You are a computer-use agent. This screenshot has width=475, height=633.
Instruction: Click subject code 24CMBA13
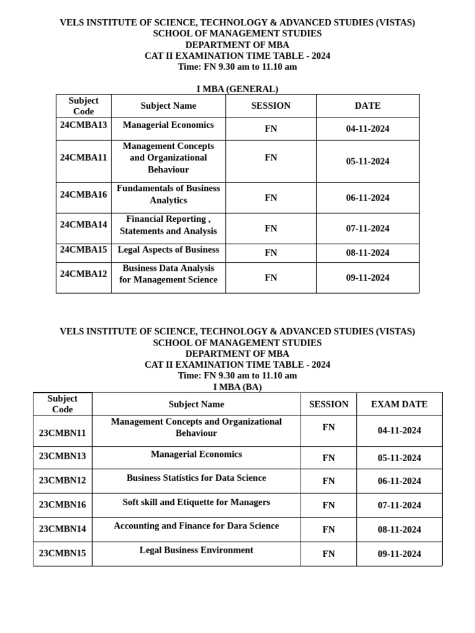tap(83, 125)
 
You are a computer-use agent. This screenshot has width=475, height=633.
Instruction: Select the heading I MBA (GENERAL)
tap(237, 89)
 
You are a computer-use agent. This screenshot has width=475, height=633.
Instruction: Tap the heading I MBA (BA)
tap(237, 387)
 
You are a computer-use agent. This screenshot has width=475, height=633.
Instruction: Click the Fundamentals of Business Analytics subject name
tap(168, 194)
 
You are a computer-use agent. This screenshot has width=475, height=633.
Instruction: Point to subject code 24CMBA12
tap(83, 274)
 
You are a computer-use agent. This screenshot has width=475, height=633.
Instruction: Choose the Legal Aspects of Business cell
tap(168, 250)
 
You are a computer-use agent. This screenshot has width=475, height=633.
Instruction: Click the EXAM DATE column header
tap(399, 404)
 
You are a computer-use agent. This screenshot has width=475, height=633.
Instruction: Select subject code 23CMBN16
tap(62, 504)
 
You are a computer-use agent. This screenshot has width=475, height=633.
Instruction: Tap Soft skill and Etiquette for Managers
tap(196, 502)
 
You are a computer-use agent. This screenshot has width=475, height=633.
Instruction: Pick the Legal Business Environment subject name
tap(196, 550)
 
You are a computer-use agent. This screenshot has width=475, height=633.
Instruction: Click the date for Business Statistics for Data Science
tap(399, 481)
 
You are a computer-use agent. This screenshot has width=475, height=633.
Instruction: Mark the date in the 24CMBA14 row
tap(367, 229)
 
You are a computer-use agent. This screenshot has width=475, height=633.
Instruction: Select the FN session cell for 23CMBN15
tap(328, 554)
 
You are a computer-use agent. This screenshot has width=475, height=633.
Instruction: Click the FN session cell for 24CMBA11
tap(271, 158)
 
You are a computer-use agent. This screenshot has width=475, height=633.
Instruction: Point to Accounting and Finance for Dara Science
tap(196, 526)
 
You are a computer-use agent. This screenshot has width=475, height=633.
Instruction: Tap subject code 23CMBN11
tap(62, 433)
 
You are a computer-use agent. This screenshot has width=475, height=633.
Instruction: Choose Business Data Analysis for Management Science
tap(168, 274)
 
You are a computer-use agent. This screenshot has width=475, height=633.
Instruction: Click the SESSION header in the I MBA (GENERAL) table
tap(271, 106)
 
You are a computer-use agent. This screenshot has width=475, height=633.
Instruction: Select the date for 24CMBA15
tap(367, 253)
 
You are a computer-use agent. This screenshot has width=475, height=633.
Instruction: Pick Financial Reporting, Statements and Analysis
tap(168, 225)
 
